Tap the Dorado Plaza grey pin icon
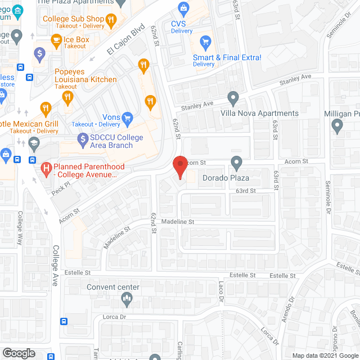237,163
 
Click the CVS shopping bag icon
183,8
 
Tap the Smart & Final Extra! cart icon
206,42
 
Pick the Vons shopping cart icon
127,118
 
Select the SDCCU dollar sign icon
83,138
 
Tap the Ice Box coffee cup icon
56,40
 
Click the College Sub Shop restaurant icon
111,20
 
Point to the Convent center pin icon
127,301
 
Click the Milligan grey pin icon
337,127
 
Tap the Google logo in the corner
19,353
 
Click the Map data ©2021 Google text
325,355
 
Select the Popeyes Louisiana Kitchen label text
86,75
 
